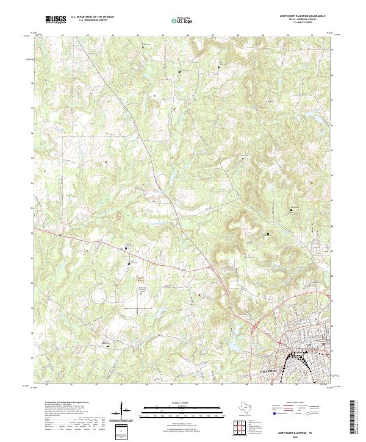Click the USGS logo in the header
pyautogui.click(x=56, y=19)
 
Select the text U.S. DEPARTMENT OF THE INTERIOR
pyautogui.click(x=91, y=16)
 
